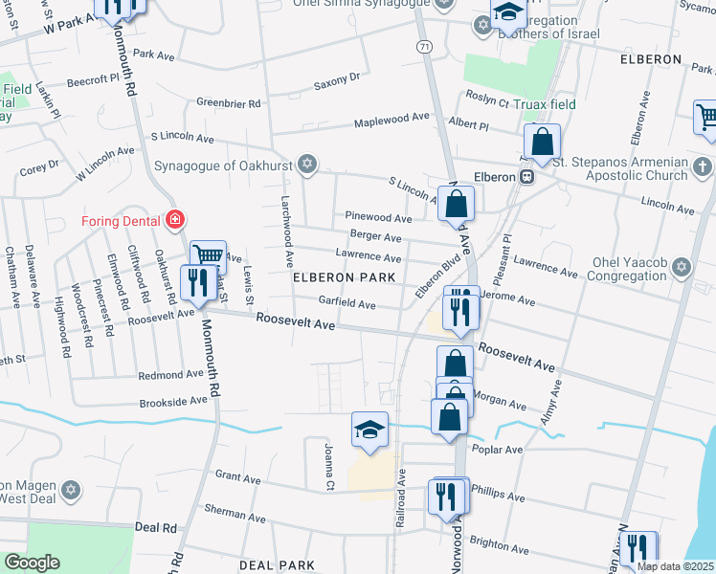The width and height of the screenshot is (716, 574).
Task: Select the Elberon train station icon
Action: click(526, 177)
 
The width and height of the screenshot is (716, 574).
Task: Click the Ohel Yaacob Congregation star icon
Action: click(682, 267)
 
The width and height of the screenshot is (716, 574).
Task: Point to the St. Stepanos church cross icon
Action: click(702, 167)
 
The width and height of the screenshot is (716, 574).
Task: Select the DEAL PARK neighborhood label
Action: click(277, 565)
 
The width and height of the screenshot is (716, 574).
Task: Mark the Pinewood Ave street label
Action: click(378, 218)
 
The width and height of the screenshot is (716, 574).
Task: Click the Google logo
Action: click(32, 563)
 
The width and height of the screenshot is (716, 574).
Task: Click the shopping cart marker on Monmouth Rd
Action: click(208, 256)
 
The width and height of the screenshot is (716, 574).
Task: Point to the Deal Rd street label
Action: click(156, 527)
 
